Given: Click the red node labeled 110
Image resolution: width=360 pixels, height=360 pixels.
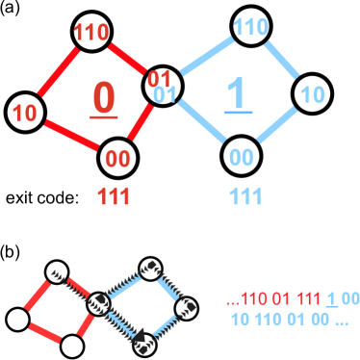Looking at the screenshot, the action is point(91,32).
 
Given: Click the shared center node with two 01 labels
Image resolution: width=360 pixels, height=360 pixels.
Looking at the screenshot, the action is point(164,85).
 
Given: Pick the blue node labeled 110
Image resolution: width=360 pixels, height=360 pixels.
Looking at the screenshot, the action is point(250,28).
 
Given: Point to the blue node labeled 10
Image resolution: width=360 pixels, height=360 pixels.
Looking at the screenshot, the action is point(311,95).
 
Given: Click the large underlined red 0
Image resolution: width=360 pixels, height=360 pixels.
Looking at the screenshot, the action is point(104,98).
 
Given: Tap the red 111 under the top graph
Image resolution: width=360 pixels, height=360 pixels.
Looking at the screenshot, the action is point(114,196).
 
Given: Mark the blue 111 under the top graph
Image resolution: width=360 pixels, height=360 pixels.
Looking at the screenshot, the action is point(245,196).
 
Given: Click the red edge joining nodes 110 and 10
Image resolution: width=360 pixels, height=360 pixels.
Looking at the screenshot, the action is point(58,72).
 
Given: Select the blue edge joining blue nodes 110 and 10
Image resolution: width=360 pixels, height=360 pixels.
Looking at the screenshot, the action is point(282,61).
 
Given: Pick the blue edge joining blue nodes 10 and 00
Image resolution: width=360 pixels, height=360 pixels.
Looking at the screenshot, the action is point(277,126).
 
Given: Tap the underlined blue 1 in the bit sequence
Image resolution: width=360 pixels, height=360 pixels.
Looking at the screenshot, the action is point(331,299).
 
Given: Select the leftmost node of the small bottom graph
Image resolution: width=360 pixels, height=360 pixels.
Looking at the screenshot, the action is point(15,319).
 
